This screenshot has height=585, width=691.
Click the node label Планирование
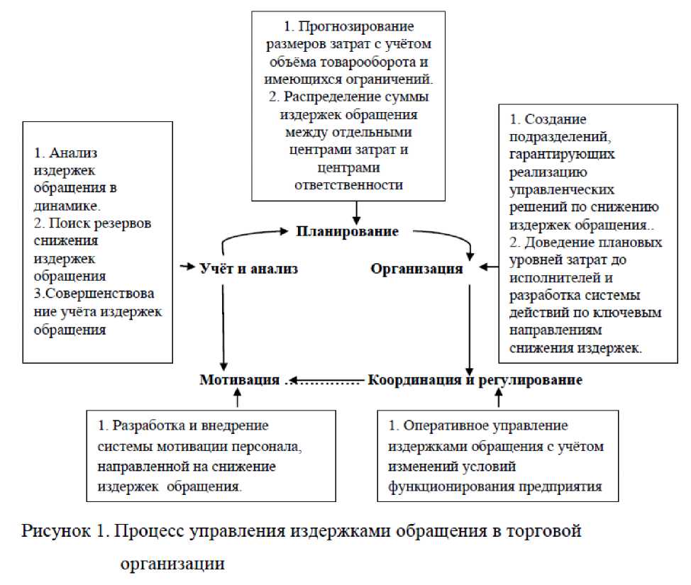click(x=347, y=232)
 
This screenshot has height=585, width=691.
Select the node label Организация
click(x=416, y=269)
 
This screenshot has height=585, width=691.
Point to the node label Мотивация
click(x=240, y=379)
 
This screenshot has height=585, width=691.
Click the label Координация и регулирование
click(x=475, y=379)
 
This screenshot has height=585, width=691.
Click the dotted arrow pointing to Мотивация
click(x=324, y=381)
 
